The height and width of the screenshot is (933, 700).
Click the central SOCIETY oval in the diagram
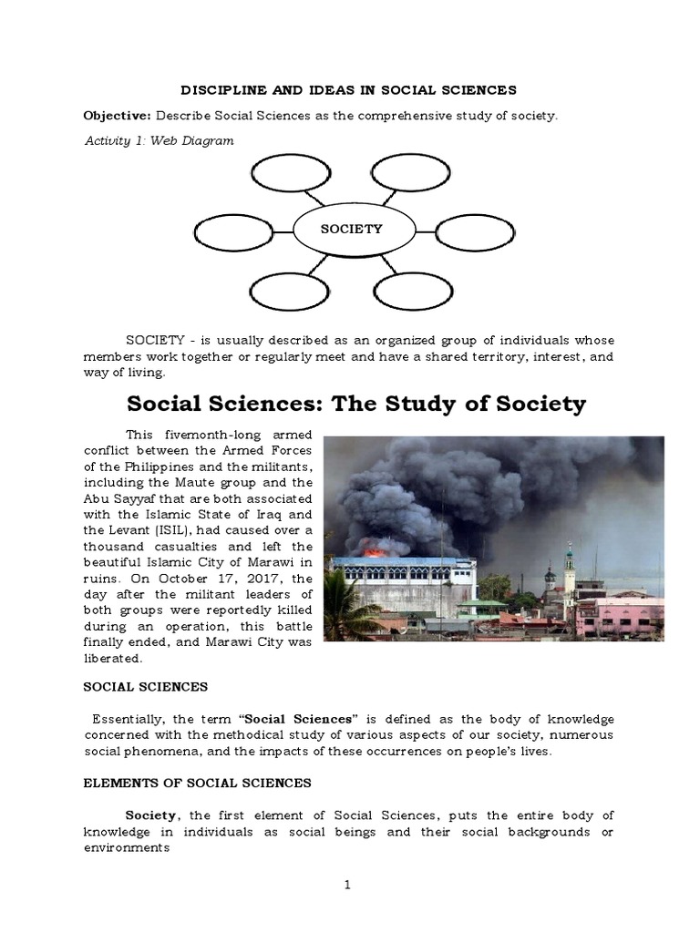[x=350, y=230]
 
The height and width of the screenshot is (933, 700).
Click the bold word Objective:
[x=118, y=117]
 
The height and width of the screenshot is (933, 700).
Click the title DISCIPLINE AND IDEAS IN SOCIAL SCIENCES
[x=350, y=89]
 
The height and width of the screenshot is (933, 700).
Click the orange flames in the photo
[x=374, y=550]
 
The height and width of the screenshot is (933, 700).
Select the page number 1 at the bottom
[x=349, y=883]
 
